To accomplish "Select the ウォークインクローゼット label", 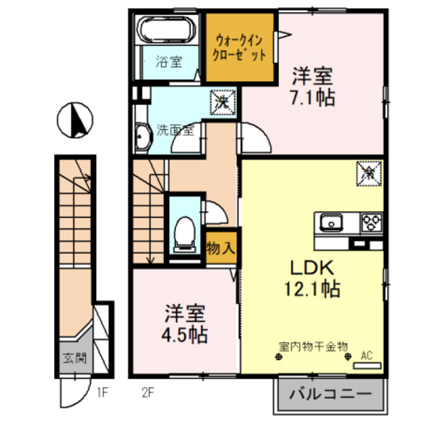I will (x=241, y=48).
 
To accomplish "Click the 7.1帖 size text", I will (x=313, y=98).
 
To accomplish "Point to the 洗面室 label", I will (x=174, y=129).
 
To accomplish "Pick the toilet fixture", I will (x=183, y=232).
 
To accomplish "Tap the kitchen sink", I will (x=333, y=222).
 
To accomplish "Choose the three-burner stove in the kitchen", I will (x=371, y=222).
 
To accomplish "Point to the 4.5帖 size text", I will (x=185, y=333).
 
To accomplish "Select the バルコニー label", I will (x=329, y=394).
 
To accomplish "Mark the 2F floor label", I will (x=148, y=391).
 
